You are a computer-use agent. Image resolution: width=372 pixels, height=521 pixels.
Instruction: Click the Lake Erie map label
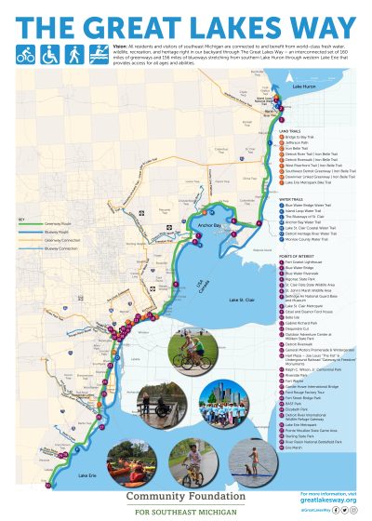click(x=82, y=474)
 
